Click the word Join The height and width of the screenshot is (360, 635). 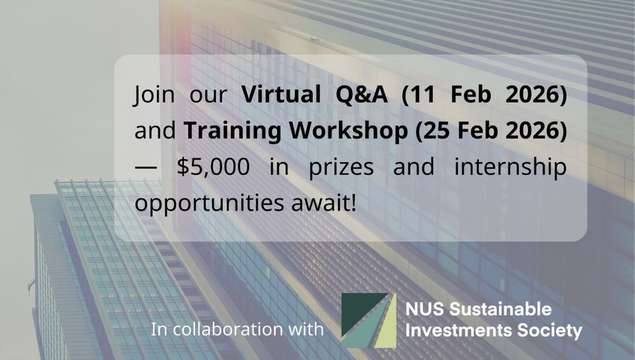pyautogui.click(x=154, y=95)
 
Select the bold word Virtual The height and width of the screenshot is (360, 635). pyautogui.click(x=281, y=94)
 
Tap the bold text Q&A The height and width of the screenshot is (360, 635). pyautogui.click(x=362, y=94)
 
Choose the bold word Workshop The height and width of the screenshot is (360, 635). pyautogui.click(x=348, y=131)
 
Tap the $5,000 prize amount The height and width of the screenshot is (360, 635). pyautogui.click(x=214, y=167)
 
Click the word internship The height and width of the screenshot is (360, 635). pyautogui.click(x=510, y=167)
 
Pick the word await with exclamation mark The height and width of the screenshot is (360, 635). pyautogui.click(x=324, y=203)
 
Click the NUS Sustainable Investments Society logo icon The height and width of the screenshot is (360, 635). pyautogui.click(x=368, y=320)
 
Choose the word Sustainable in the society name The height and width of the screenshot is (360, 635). pyautogui.click(x=501, y=310)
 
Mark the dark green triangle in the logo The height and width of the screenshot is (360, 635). pyautogui.click(x=358, y=310)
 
